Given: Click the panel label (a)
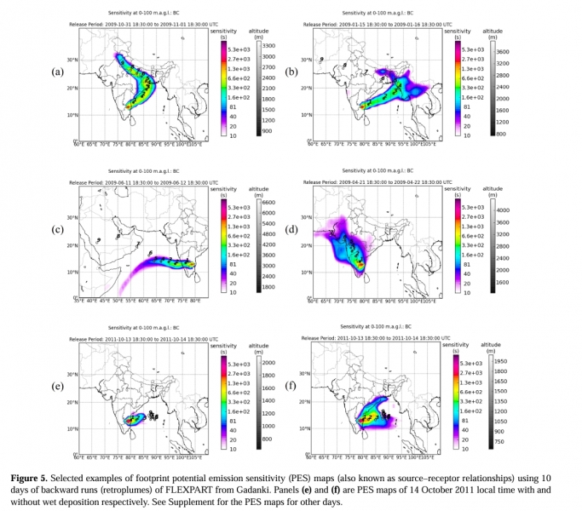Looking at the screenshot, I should point(58,71).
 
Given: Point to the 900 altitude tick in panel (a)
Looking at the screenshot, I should point(265,131).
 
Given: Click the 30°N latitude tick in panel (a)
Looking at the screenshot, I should point(72,60).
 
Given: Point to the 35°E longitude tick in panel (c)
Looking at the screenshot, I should point(79,301).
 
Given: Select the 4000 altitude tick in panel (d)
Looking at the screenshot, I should point(502,209).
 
